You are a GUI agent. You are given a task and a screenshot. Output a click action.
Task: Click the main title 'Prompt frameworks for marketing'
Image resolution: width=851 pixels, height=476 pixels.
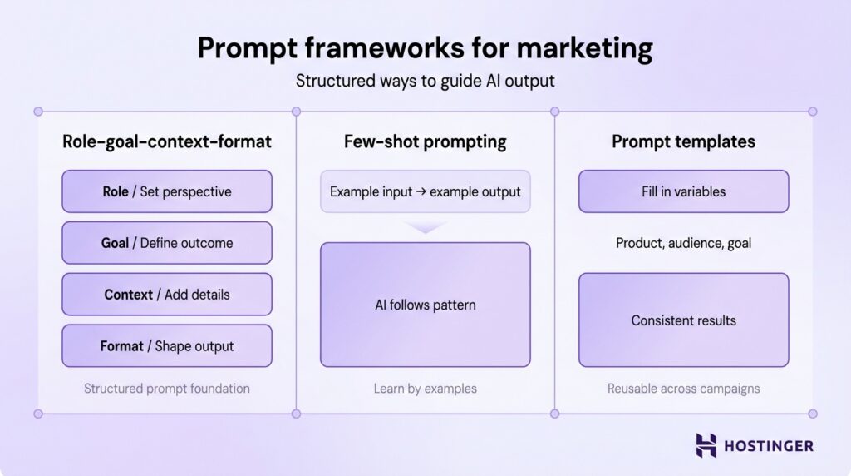pos(425,48)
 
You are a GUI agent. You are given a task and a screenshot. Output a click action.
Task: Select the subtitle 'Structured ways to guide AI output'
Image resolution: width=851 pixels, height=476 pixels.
pos(425,82)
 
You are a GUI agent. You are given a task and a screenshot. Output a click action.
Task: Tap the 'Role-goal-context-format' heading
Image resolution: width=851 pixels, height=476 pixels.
pos(167,141)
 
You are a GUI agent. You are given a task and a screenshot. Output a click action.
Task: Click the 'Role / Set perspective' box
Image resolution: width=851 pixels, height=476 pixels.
pos(167,191)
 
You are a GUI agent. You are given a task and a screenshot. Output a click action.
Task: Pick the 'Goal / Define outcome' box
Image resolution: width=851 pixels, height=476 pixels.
pos(167,243)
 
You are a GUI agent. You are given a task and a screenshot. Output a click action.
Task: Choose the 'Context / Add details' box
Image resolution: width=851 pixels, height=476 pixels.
pos(167,295)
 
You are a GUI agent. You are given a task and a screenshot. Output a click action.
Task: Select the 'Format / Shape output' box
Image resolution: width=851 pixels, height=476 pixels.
pos(167,346)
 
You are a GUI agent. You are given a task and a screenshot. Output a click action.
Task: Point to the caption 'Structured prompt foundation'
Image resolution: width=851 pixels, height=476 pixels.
pos(167,389)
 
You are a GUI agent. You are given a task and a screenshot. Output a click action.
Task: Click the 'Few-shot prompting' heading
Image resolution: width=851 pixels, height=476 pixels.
pos(425,141)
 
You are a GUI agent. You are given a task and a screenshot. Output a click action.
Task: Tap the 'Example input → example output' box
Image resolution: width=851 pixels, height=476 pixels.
pos(425,191)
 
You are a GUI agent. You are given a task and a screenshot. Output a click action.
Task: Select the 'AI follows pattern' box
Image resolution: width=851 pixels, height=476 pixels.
pos(425,305)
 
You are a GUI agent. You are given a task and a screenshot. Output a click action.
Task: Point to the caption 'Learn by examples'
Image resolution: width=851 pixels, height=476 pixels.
pos(425,389)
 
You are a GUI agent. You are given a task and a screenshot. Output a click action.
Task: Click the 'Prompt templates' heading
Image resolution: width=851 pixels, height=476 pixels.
pos(683,141)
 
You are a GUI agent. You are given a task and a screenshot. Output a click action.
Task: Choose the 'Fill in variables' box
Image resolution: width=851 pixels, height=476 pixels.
pos(683,191)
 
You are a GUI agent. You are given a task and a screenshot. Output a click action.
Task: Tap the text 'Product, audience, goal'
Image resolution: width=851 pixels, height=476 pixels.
pos(683,243)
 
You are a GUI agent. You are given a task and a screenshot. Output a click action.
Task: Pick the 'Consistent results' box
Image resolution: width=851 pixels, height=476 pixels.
pos(683,320)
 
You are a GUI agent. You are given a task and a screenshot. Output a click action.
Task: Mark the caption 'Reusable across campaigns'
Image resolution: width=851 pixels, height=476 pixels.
pos(683,389)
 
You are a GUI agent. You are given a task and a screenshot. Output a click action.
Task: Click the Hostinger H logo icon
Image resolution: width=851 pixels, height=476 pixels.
pos(706,445)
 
